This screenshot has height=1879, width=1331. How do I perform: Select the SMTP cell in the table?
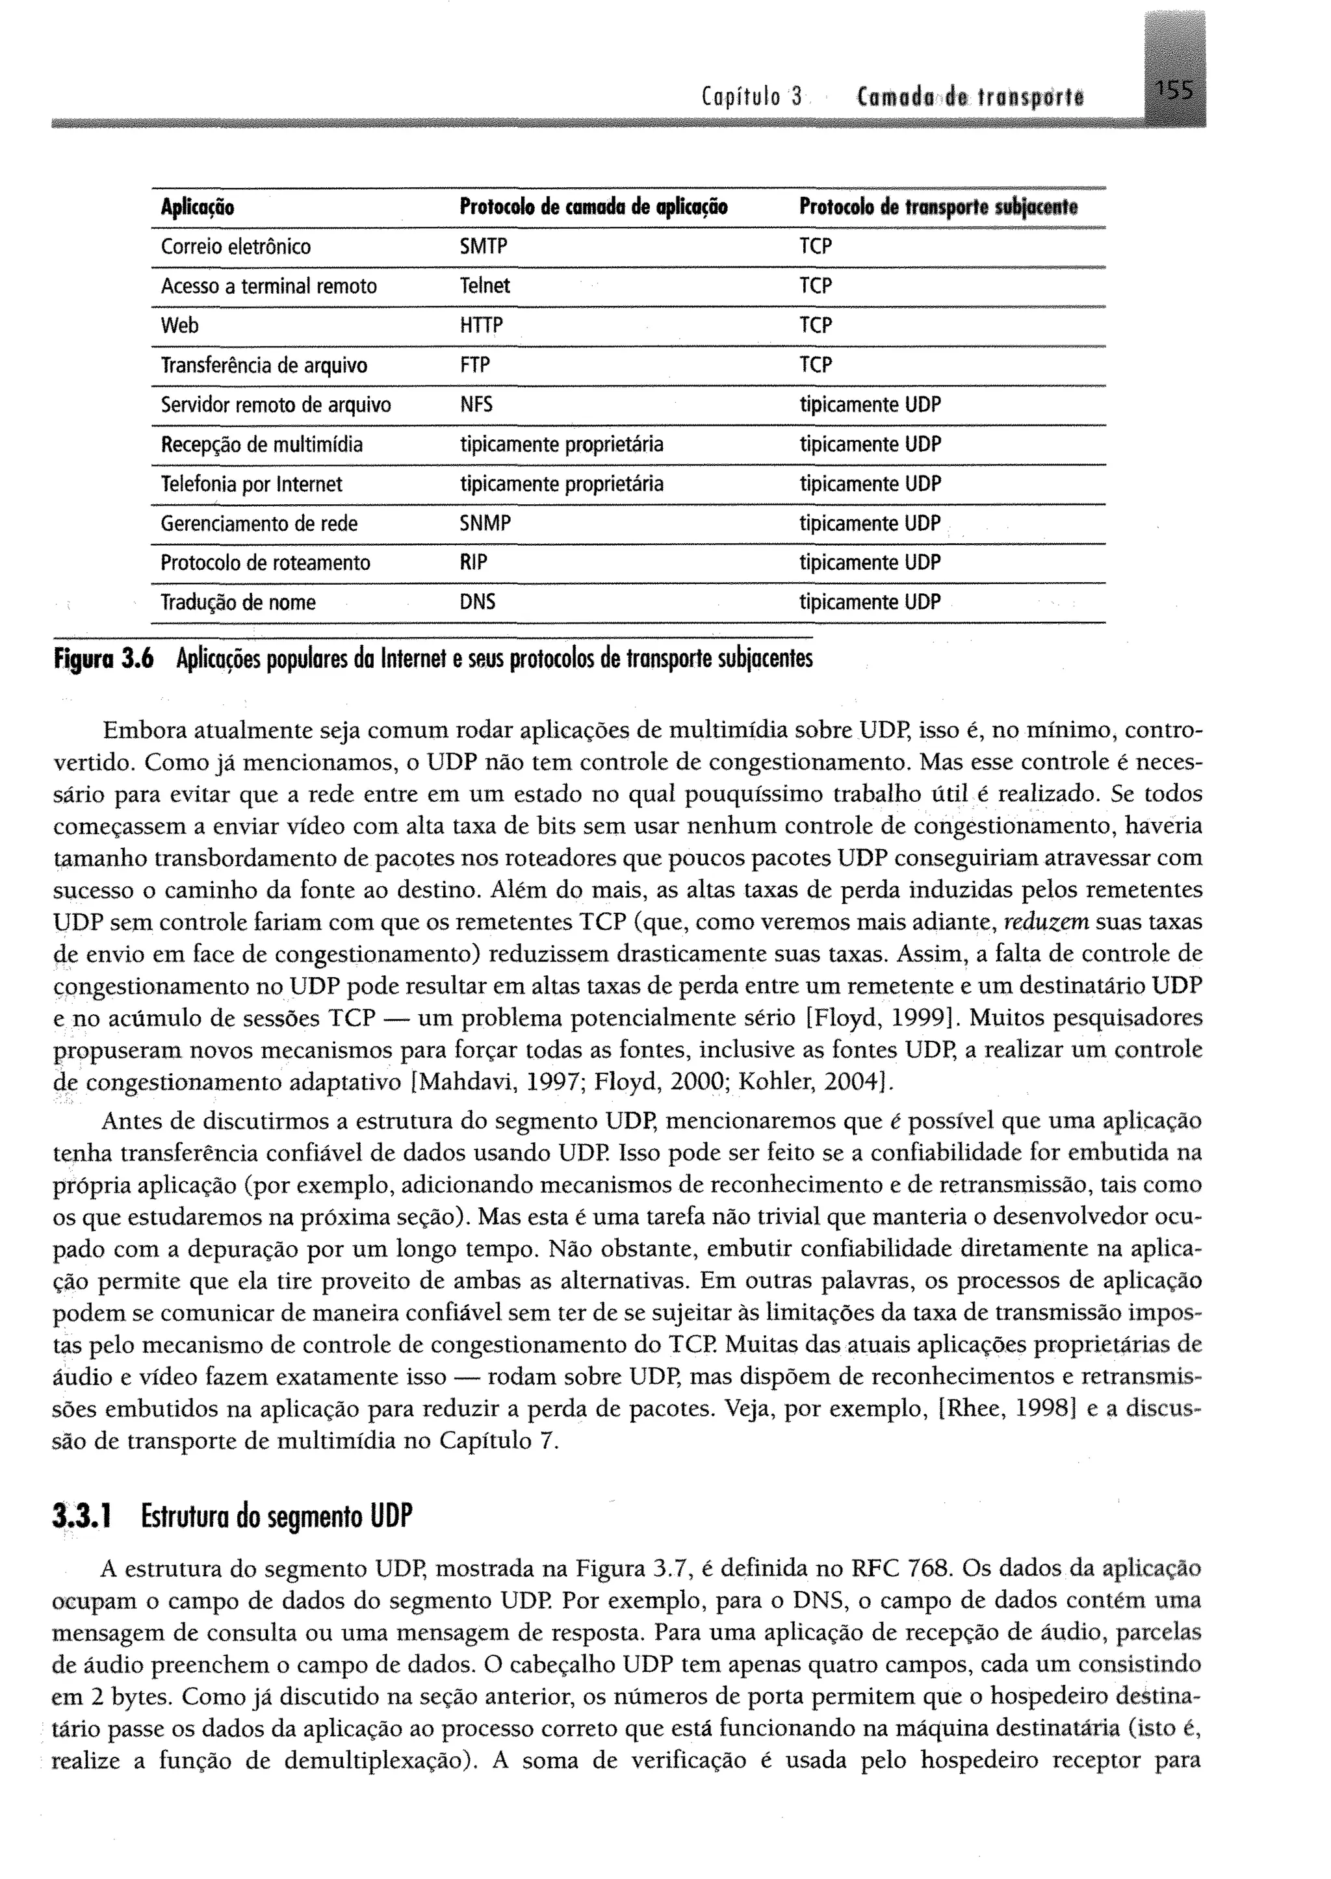click(x=484, y=247)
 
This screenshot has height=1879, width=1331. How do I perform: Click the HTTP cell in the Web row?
click(x=481, y=326)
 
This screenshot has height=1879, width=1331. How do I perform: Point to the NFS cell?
click(x=476, y=405)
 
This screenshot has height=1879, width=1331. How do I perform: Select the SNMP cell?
click(x=485, y=524)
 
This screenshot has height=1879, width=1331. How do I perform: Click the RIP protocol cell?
click(x=473, y=563)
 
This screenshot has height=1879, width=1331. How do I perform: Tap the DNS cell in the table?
click(x=477, y=603)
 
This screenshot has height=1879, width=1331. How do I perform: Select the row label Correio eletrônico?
click(x=236, y=247)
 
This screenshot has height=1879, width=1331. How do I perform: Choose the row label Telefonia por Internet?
click(x=252, y=484)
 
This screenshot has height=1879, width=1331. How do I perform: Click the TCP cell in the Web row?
click(x=816, y=326)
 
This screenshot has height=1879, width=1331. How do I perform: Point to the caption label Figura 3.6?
click(x=104, y=659)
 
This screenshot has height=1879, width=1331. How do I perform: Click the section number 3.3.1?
click(x=81, y=1517)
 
